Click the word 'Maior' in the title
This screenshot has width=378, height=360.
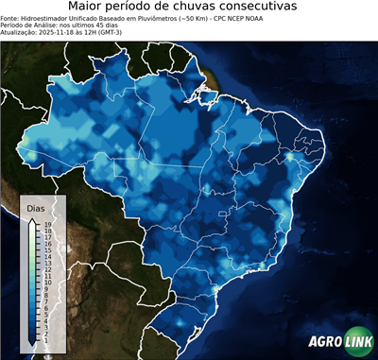89,8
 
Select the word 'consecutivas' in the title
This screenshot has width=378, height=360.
266,8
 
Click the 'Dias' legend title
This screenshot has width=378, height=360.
36,207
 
